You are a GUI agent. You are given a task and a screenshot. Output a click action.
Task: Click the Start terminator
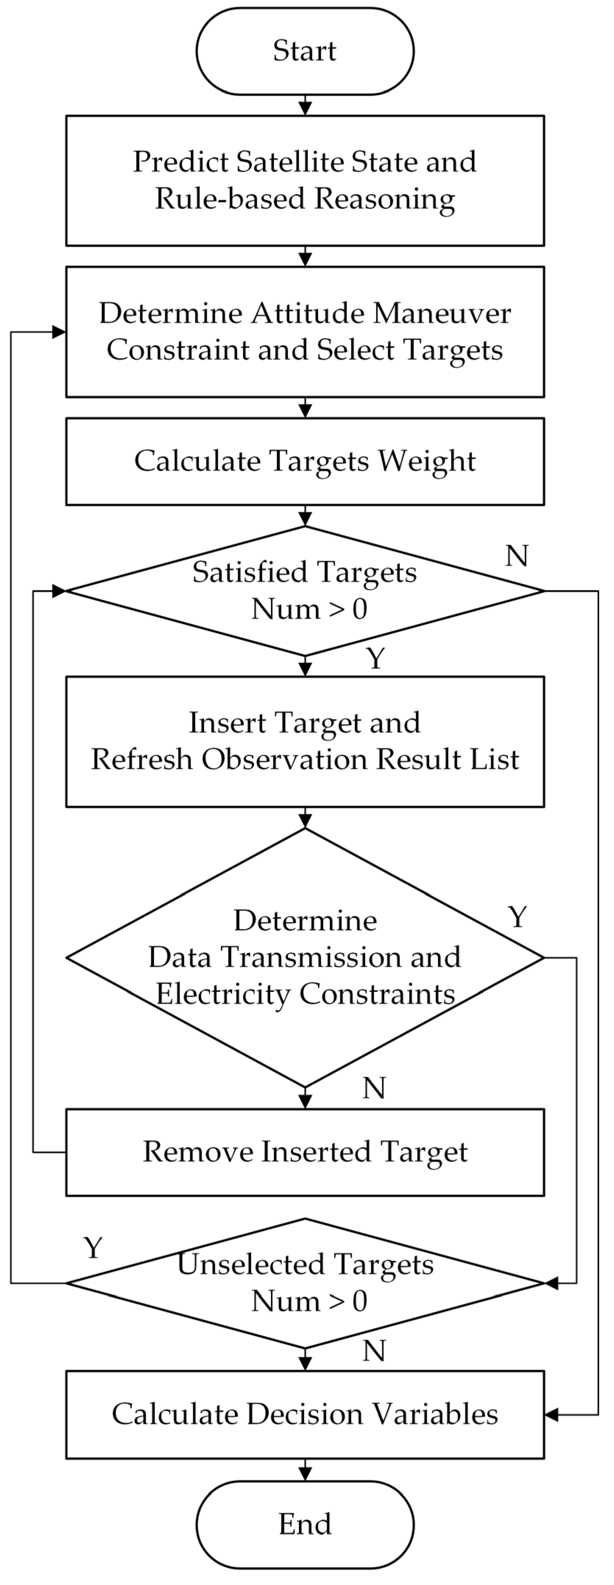[305, 51]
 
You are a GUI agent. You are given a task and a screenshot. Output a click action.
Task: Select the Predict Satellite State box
[305, 180]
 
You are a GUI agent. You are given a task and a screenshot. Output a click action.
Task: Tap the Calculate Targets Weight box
[305, 461]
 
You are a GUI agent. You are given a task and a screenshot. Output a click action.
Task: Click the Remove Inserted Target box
[305, 1152]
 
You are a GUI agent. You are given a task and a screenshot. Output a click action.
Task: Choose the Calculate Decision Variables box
[305, 1414]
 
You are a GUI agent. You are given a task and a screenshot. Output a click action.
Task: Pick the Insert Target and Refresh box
[305, 741]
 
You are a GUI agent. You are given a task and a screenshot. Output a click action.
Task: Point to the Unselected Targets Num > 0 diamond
[305, 1283]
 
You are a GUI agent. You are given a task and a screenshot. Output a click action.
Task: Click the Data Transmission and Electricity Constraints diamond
[305, 957]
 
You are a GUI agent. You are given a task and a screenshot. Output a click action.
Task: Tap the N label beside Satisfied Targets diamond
[517, 556]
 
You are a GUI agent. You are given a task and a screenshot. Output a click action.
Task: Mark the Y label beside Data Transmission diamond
[517, 918]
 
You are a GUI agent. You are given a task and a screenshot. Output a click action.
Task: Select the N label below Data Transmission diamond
[374, 1088]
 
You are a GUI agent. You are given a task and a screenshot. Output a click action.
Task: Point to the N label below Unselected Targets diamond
[374, 1351]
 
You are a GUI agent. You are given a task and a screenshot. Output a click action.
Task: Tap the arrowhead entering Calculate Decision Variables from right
[552, 1415]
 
